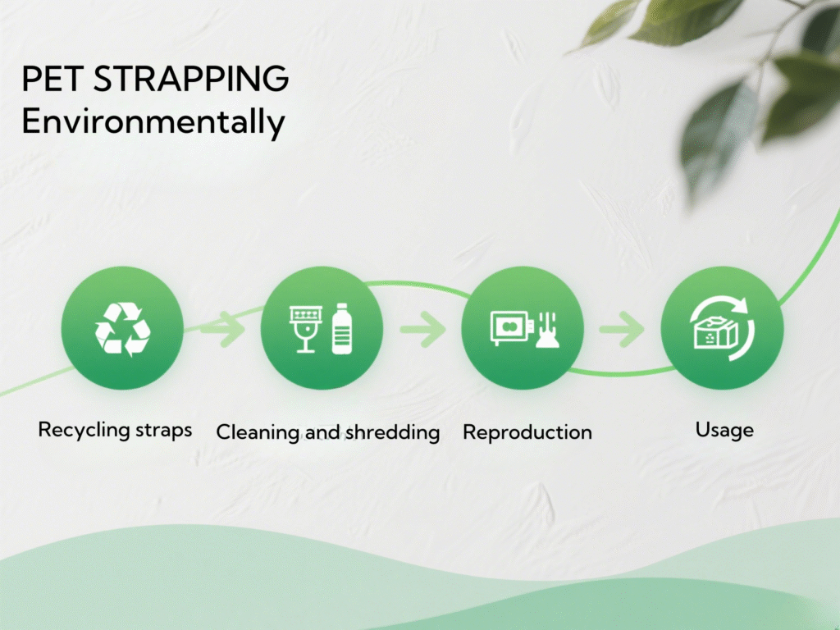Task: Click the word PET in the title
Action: tap(52, 79)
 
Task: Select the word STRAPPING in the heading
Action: tap(191, 79)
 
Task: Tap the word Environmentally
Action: tap(153, 121)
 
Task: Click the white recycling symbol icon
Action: tap(123, 328)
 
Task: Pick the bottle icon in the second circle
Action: tap(342, 328)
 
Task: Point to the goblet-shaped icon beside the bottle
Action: tap(306, 329)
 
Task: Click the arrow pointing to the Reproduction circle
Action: tap(422, 328)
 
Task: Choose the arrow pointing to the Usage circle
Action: tap(622, 328)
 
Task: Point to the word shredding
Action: tap(392, 432)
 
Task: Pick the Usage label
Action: tap(724, 430)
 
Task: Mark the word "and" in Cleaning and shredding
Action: tap(322, 432)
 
